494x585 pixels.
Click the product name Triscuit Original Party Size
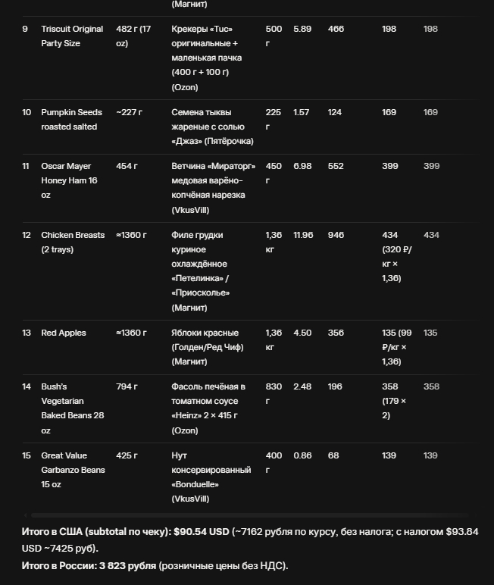72,36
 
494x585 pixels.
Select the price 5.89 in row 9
302,30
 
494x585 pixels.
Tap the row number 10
27,112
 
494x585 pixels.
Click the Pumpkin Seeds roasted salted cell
71,120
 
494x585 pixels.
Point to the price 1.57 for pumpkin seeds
302,112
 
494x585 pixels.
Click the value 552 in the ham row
336,166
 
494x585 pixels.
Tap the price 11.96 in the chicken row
303,235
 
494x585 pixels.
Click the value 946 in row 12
336,235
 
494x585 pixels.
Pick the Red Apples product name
64,333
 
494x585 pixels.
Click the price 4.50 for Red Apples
302,333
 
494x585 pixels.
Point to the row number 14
27,386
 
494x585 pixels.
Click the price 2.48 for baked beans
302,386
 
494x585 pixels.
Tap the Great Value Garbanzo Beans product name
73,470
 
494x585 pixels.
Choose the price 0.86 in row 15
302,455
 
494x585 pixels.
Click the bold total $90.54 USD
202,532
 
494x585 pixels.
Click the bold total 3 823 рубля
127,566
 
